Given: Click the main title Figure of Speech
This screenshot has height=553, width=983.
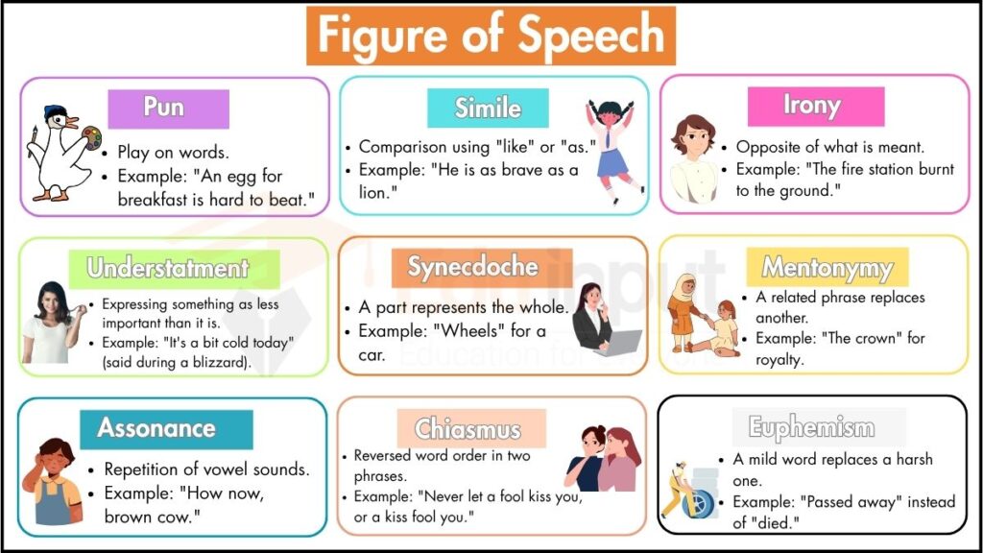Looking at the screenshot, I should tap(491, 36).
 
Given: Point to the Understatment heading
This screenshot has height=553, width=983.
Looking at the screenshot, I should tap(168, 268).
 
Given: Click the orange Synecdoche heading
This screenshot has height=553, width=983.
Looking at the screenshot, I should tap(472, 268).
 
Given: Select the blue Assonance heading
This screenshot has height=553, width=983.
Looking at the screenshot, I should tap(156, 428).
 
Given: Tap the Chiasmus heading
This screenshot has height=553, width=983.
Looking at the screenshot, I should tap(468, 428).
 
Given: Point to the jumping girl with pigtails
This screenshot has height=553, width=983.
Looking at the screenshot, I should tap(612, 149).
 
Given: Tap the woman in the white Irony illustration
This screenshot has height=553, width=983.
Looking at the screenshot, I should tap(693, 158).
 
